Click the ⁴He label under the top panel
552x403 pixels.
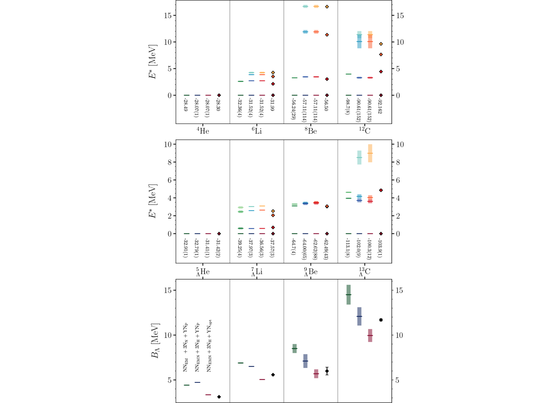(203, 131)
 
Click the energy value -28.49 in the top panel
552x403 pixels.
(186, 105)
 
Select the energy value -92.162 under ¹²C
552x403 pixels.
(380, 106)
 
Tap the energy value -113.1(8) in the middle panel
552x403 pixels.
(348, 247)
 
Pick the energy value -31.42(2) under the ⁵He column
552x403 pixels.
(218, 247)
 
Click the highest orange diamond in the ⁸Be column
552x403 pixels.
(327, 7)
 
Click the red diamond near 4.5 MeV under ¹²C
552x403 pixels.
(381, 71)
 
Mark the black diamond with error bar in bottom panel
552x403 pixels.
(327, 371)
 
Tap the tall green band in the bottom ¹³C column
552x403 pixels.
(349, 295)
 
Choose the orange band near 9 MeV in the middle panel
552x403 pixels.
(370, 153)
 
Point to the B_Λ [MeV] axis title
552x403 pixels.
(155, 341)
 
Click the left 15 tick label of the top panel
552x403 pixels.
(168, 16)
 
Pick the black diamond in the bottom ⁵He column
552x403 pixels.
(219, 397)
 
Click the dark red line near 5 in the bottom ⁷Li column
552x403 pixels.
(262, 380)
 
